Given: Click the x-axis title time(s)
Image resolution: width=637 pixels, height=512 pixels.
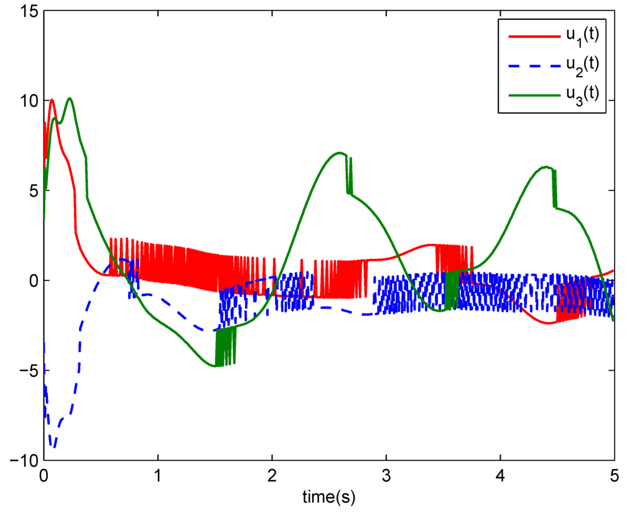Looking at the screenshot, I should pos(328,498).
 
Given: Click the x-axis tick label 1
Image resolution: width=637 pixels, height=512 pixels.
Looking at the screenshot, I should pos(158,476).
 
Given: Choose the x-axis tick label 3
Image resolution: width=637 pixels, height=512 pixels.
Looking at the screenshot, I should pos(386,476).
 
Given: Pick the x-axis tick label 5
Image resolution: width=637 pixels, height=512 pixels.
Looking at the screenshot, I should pos(614,476).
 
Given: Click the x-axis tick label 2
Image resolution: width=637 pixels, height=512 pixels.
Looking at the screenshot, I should pos(272,476).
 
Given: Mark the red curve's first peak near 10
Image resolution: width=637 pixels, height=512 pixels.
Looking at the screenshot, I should pos(52,100).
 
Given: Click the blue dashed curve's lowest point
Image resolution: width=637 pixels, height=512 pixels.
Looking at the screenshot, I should pos(53,447).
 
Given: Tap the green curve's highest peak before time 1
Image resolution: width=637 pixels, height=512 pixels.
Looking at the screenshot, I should pos(70,98).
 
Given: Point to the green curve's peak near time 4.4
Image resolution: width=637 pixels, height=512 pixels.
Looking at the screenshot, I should pos(546,167).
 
